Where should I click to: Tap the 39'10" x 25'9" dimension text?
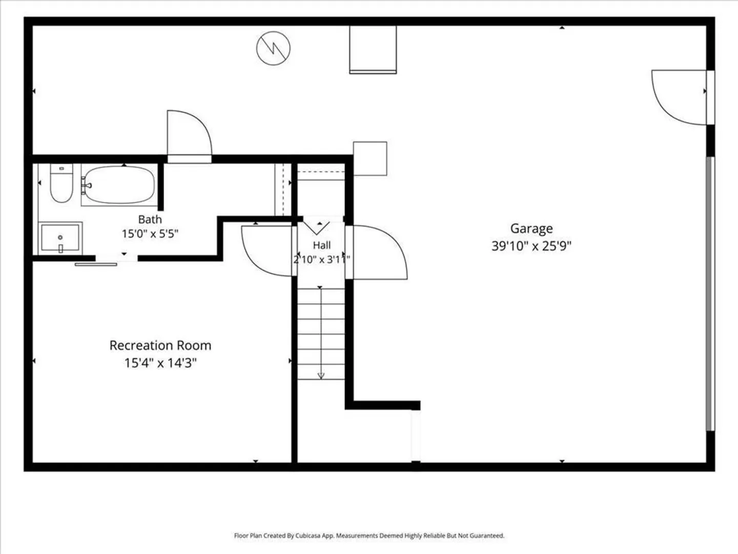coord(531,246)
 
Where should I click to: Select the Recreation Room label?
coord(160,345)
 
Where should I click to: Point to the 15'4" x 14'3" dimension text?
coord(160,363)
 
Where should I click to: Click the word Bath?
coord(150,220)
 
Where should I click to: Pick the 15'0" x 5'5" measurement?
coord(150,233)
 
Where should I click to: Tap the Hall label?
coord(322,245)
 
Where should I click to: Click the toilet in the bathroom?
coord(61,183)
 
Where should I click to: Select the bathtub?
coord(119,185)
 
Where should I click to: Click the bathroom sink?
coord(60,238)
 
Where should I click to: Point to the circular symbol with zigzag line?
coord(273,48)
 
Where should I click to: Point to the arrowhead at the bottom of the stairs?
coord(321,375)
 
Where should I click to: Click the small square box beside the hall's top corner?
coord(370,159)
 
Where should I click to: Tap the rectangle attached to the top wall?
coord(373,50)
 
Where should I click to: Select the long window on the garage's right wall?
coord(710,293)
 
